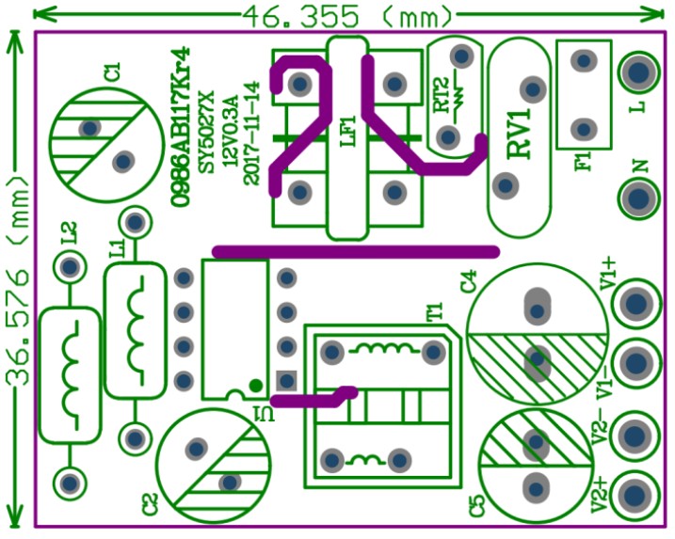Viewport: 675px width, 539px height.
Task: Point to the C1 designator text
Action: point(113,71)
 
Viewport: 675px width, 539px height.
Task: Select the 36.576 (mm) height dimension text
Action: point(16,281)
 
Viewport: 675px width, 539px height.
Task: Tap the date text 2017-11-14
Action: point(250,133)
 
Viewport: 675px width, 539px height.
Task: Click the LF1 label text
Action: point(346,130)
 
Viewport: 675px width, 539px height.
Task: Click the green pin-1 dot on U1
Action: point(254,385)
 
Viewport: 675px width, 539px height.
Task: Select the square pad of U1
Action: point(287,381)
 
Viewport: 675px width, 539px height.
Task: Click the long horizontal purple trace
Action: point(356,251)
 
